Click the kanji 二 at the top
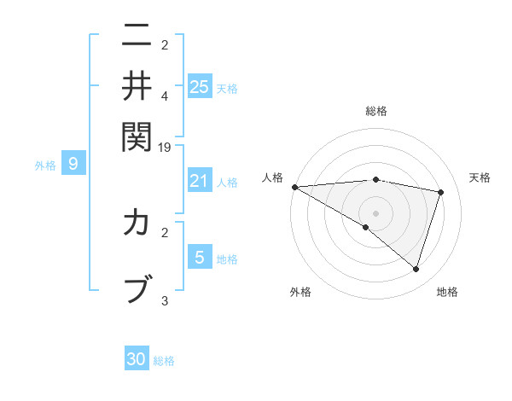coord(137,36)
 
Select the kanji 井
coord(137,85)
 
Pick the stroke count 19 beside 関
coord(165,147)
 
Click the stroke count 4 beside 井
coord(165,96)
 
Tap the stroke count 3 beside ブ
coord(165,300)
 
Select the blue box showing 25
coord(200,86)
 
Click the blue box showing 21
coord(200,180)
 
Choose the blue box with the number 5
coord(200,257)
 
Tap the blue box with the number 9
coord(73,164)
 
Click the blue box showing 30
coord(137,359)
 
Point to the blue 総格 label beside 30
coord(164,361)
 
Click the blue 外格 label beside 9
coord(45,166)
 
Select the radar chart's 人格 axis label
coord(273,177)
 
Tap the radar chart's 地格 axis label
coord(447,292)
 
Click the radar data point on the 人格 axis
coord(294,186)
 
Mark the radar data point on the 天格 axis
coord(441,192)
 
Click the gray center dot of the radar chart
coord(376,212)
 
